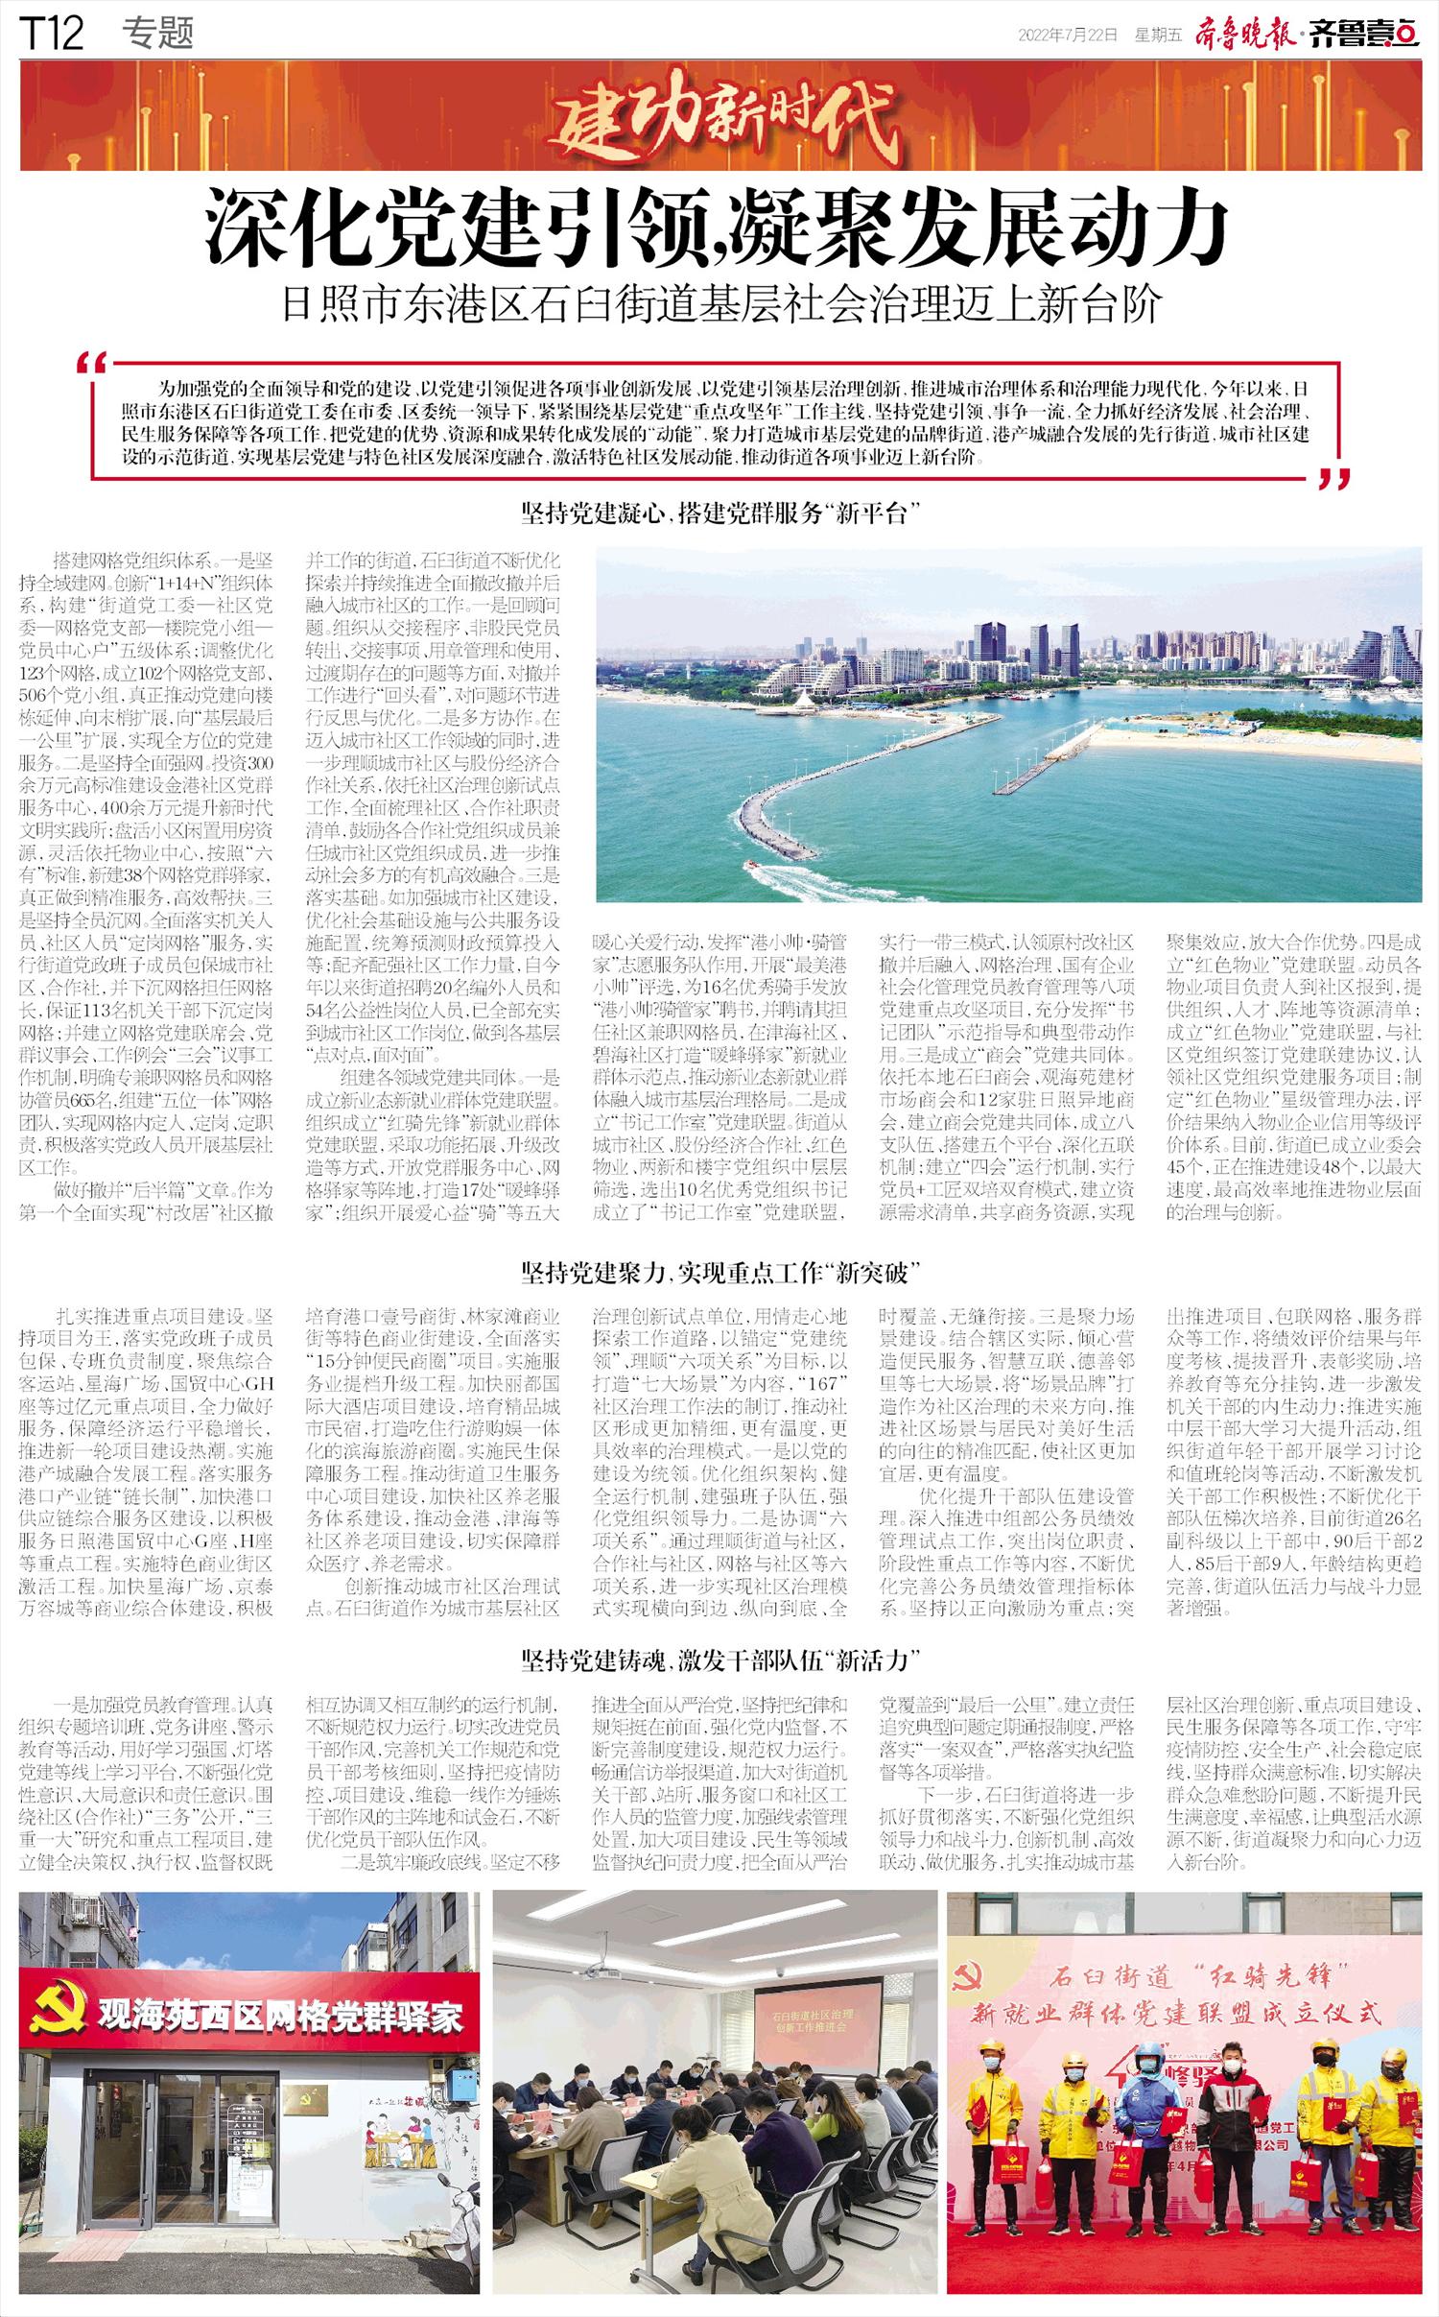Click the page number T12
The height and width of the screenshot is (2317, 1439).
coord(52,35)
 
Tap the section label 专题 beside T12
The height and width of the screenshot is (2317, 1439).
coord(158,35)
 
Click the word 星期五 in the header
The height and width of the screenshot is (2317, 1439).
coord(1157,36)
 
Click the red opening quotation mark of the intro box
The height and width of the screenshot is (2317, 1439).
coord(92,366)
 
